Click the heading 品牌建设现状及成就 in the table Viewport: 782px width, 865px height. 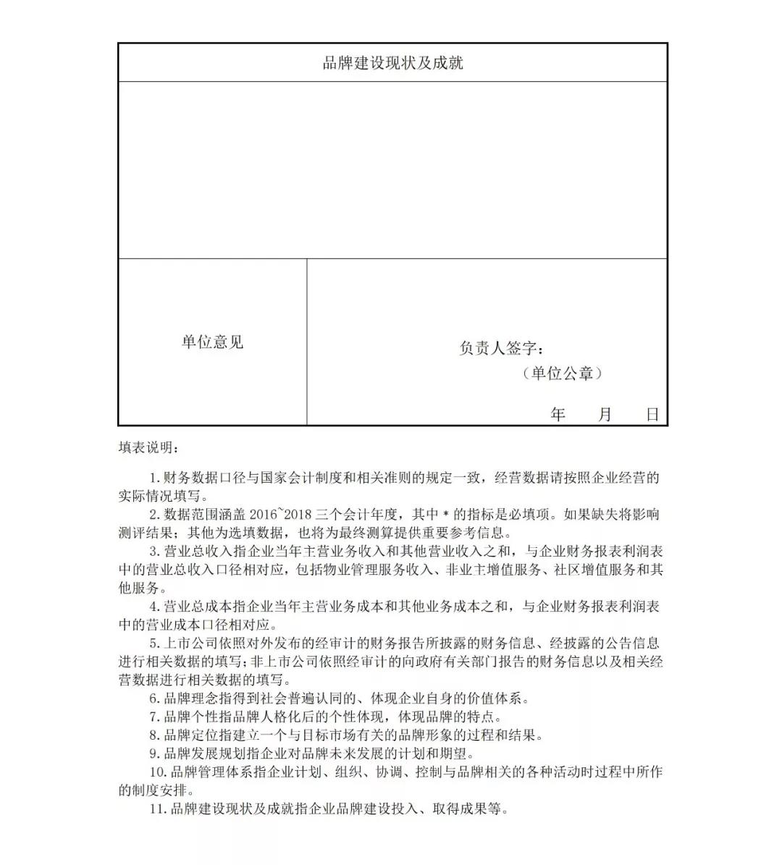point(392,63)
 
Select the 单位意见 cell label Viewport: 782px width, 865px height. point(212,342)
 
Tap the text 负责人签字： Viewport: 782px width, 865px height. point(501,348)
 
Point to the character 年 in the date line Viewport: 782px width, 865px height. point(558,415)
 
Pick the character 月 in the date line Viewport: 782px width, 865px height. point(605,415)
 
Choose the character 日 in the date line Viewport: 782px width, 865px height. point(652,415)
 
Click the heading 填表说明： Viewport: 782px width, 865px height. point(148,448)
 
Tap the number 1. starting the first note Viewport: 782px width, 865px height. point(154,478)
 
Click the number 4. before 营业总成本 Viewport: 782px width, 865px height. point(154,607)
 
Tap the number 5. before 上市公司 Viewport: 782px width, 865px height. point(154,644)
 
